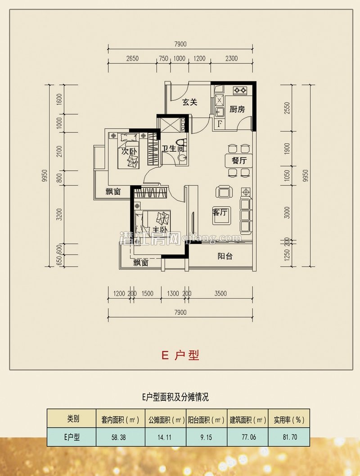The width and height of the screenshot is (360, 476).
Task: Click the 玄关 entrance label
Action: (x=189, y=102)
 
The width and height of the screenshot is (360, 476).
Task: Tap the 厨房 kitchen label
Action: (x=237, y=109)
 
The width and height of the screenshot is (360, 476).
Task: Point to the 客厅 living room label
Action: (x=220, y=212)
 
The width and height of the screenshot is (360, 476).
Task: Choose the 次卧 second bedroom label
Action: (x=128, y=152)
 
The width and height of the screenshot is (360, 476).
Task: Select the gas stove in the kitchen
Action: (x=239, y=91)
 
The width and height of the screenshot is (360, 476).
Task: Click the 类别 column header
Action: (x=72, y=419)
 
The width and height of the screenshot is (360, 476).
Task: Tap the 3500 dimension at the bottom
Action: (x=220, y=294)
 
